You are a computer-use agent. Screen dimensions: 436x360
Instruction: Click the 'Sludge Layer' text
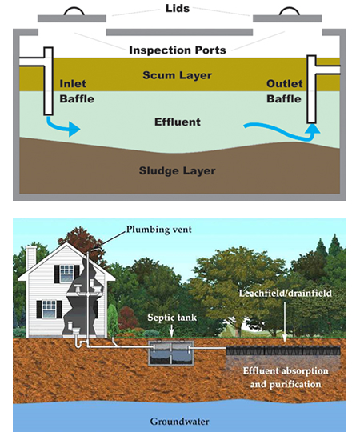(x=177, y=170)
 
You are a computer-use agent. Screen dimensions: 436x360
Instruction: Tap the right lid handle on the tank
(x=287, y=10)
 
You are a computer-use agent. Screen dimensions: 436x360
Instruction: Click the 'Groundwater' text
(x=180, y=419)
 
